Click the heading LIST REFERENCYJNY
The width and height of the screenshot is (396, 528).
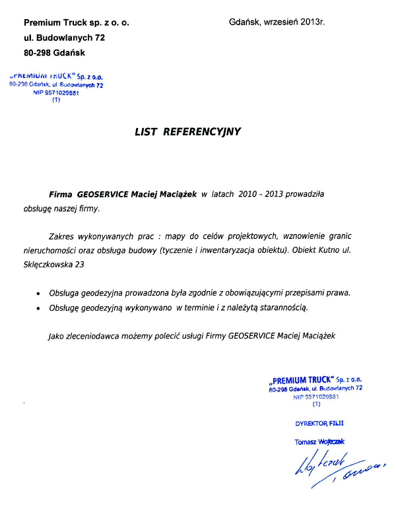[x=188, y=132]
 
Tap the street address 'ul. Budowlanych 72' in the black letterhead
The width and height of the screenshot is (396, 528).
[x=64, y=38]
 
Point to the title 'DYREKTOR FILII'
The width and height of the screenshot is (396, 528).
[x=320, y=421]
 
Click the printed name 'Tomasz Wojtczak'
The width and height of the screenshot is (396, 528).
[x=319, y=442]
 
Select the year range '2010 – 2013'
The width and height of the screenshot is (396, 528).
[x=261, y=195]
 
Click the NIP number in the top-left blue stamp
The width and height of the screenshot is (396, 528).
[x=56, y=93]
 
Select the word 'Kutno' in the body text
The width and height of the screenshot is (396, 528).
[x=337, y=250]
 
